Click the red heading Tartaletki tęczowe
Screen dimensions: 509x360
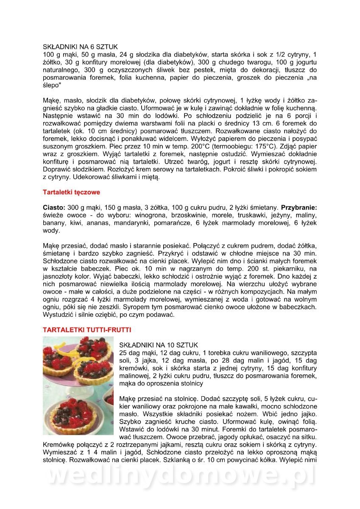point(71,192)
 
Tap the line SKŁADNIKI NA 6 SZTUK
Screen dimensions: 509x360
point(80,47)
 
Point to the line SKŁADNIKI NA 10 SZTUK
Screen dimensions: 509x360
point(159,345)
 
